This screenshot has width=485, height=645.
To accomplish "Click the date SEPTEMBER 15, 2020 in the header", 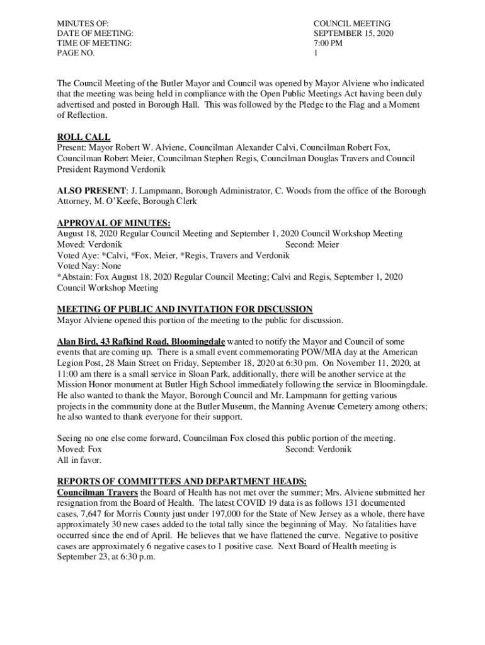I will pos(353,33).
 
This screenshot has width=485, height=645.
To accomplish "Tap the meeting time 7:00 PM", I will pos(328,43).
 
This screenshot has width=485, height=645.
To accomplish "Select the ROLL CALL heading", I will pos(84,137).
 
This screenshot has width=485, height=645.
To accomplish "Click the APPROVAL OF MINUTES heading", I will pos(113,223).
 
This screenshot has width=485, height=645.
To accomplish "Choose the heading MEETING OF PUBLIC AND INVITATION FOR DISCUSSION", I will pos(185,309).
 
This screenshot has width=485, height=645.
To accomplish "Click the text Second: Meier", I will pos(312,244).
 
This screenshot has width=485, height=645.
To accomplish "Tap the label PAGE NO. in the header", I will pos(76,54).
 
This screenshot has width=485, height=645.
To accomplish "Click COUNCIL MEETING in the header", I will pos(352,23).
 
